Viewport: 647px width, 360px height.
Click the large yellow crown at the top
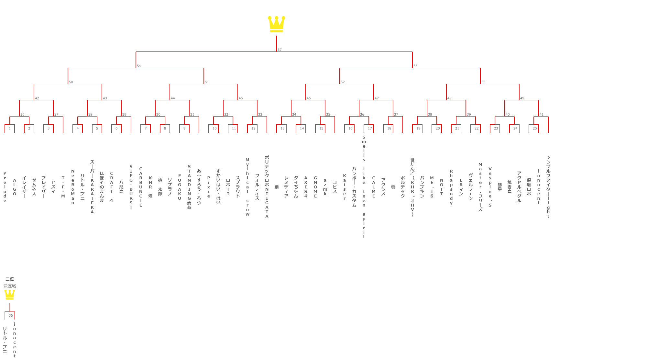point(276,24)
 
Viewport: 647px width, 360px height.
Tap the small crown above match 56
point(10,294)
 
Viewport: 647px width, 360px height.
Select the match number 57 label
point(280,50)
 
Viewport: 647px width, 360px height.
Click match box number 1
point(10,129)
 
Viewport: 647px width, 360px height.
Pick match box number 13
point(282,129)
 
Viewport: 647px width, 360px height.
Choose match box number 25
point(535,129)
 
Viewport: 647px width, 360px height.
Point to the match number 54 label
point(139,66)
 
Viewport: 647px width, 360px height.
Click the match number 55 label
point(415,66)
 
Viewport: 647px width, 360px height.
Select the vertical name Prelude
point(5,187)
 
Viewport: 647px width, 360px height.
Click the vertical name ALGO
point(15,187)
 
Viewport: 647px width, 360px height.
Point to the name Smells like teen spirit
point(364,187)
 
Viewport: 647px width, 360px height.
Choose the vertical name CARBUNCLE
point(141,187)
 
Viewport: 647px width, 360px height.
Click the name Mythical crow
point(247,187)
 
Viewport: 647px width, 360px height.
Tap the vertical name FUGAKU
point(180,187)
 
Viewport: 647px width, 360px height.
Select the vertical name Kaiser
point(345,187)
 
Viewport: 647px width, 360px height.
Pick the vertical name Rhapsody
point(451,187)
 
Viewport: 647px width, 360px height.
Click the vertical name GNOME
point(315,187)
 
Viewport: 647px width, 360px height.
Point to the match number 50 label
point(71,82)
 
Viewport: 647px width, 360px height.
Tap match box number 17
point(370,129)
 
